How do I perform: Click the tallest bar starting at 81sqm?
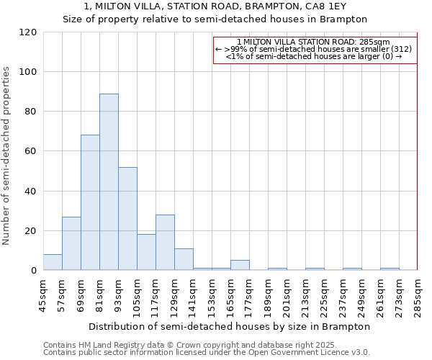point(109,182)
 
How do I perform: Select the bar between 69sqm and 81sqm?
point(90,202)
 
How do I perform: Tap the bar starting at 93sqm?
point(127,219)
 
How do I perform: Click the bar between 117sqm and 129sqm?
point(165,243)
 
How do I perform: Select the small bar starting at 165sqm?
point(240,266)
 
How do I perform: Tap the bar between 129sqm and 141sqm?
point(184,260)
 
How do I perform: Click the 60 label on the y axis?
point(31,152)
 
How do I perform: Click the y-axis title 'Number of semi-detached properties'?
point(7,156)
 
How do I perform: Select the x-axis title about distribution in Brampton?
point(230,326)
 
